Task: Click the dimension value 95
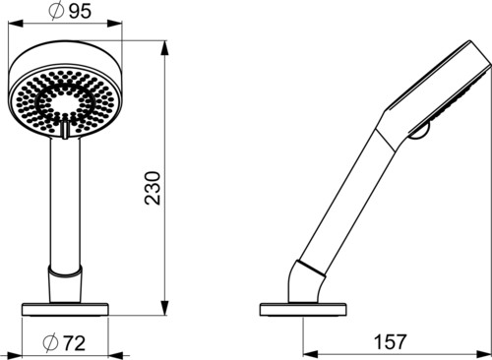pos(80,12)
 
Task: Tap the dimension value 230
pos(153,188)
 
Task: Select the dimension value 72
pos(74,343)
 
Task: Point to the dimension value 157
pos(390,342)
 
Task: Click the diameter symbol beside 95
pos(56,12)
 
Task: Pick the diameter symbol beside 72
pos(51,343)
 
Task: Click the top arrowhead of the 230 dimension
pos(165,48)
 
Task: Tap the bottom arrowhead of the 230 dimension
pos(165,308)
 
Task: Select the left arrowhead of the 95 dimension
pos(16,24)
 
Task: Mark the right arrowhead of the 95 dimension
pos(114,24)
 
